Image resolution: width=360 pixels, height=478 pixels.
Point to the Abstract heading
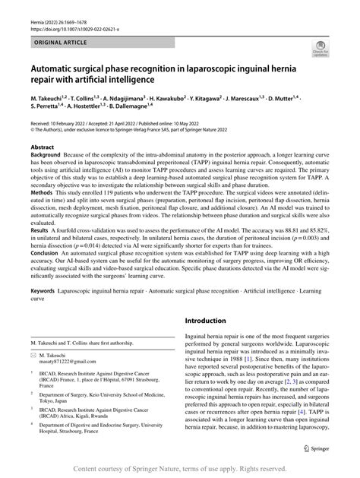tap(41, 147)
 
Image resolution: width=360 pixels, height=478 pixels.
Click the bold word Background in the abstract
tap(46, 156)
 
